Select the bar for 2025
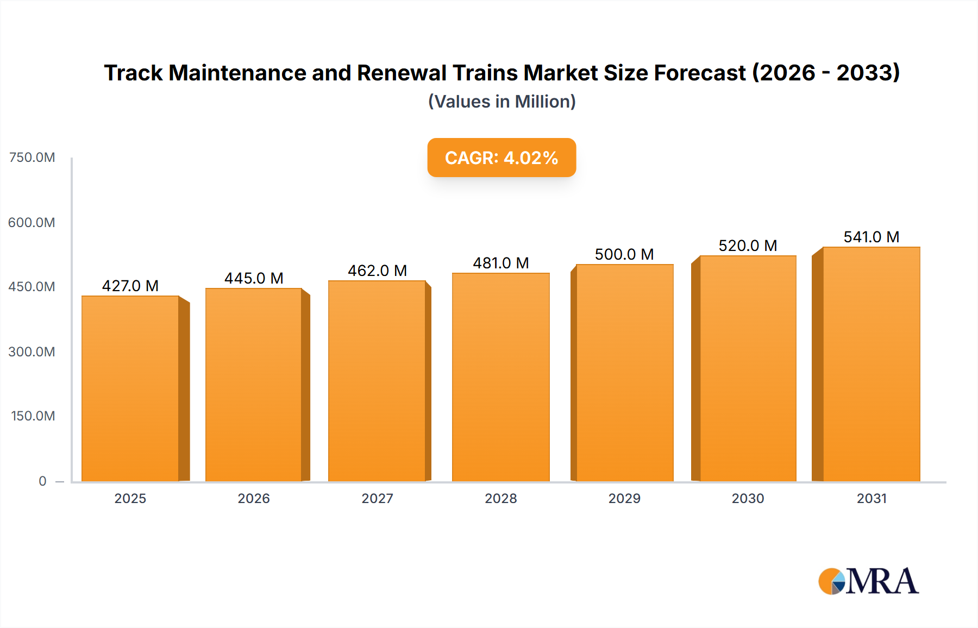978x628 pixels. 130,388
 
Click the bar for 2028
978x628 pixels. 500,377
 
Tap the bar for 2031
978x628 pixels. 871,364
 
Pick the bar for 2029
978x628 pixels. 624,373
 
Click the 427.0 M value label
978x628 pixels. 130,286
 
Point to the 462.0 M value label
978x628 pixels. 377,271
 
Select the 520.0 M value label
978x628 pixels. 748,246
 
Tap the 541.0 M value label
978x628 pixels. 871,237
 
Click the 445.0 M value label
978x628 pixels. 254,278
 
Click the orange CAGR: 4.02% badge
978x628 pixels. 501,158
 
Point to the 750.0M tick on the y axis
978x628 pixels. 32,158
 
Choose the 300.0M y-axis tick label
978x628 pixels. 32,351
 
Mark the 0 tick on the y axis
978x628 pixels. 42,481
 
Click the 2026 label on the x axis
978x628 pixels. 254,498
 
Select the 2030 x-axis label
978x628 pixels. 748,498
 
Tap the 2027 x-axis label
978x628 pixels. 377,498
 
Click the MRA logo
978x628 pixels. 868,581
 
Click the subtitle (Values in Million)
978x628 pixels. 501,102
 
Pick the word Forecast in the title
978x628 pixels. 700,73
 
